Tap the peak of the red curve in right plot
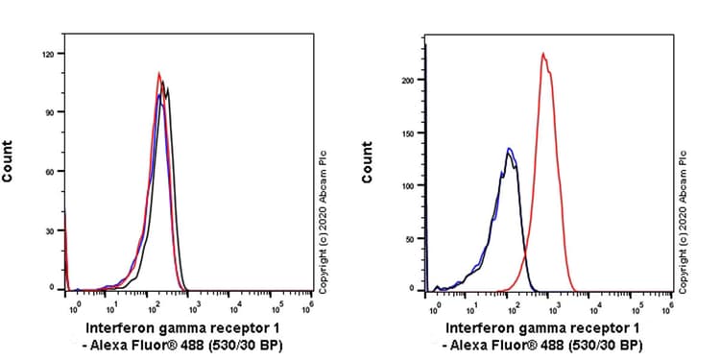coord(543,54)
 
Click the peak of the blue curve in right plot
coord(509,148)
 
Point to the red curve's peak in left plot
coord(159,72)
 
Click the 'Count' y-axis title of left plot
coord(9,161)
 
